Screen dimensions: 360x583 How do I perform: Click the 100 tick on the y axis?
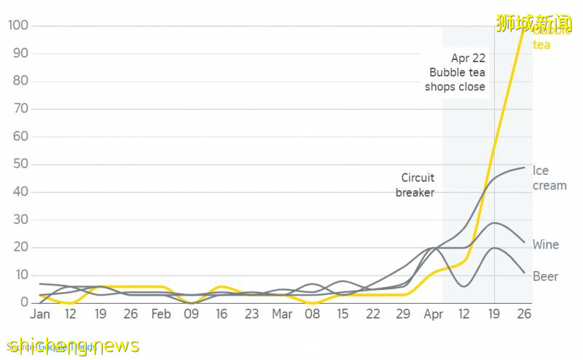coord(18,26)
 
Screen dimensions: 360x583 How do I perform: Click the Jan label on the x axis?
coord(40,315)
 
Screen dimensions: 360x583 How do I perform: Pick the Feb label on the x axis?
coord(161,315)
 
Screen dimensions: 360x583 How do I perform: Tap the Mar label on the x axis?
coord(282,315)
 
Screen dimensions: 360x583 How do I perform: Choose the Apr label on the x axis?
coord(433,315)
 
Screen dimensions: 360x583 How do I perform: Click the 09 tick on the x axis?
coord(191,315)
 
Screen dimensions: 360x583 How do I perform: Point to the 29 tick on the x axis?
coord(403,315)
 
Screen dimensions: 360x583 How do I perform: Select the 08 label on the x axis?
coord(312,315)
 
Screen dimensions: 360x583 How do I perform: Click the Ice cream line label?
coord(549,179)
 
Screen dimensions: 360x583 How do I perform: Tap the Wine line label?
coord(546,245)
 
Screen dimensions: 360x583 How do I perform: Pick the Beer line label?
coord(546,277)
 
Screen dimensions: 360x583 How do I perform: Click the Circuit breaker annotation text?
coord(416,185)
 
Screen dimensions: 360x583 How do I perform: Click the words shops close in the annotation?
coord(455,87)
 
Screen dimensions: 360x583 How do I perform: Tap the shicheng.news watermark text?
coord(72,345)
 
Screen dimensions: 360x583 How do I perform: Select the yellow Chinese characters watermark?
coord(534,23)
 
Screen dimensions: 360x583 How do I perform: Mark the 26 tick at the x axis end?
coord(523,315)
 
